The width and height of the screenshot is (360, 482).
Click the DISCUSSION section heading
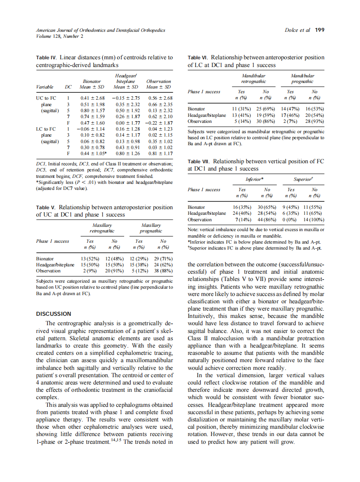pyautogui.click(x=54, y=314)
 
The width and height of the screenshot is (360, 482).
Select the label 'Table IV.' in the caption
pyautogui.click(x=46, y=57)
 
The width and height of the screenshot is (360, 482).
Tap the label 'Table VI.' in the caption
pyautogui.click(x=198, y=57)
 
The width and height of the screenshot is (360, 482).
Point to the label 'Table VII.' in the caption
pyautogui.click(x=199, y=161)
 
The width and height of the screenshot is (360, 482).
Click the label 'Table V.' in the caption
pyautogui.click(x=46, y=207)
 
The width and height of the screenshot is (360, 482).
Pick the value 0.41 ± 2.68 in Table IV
pyautogui.click(x=92, y=98)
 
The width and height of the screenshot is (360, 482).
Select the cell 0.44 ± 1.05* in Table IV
pyautogui.click(x=93, y=153)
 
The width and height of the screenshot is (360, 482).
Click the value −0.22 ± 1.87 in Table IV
pyautogui.click(x=159, y=122)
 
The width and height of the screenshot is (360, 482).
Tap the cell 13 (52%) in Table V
pyautogui.click(x=90, y=259)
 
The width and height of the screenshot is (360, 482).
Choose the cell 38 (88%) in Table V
pyautogui.click(x=163, y=271)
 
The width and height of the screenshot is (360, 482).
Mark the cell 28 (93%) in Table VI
pyautogui.click(x=314, y=121)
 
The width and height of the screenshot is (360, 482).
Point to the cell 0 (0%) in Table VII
pyautogui.click(x=291, y=219)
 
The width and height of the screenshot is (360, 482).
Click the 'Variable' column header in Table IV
pyautogui.click(x=45, y=87)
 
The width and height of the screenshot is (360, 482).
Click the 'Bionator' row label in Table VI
pyautogui.click(x=196, y=109)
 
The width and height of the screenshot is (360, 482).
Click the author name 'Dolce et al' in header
pyautogui.click(x=297, y=30)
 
